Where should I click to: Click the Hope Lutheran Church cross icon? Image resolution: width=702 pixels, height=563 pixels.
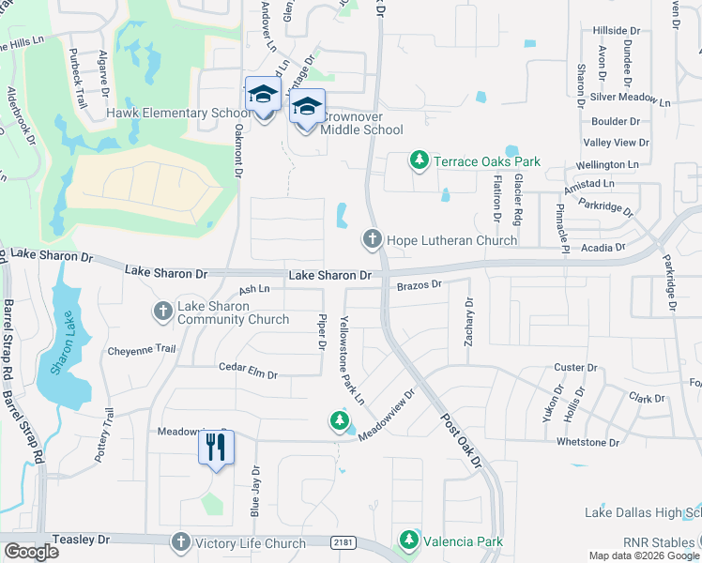point(372,240)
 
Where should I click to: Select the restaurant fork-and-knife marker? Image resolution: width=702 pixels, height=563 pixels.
point(215,450)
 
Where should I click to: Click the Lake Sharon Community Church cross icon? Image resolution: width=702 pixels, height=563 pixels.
point(162,311)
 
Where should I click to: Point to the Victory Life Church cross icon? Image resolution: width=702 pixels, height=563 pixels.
point(180,542)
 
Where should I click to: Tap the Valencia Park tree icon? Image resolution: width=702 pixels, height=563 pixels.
point(408,540)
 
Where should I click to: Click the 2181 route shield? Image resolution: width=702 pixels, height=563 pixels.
point(343,542)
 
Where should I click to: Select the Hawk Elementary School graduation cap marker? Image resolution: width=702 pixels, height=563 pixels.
point(263,96)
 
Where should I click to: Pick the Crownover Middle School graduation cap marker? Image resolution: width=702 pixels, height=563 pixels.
point(307,108)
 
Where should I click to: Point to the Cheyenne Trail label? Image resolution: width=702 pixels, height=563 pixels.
point(142,349)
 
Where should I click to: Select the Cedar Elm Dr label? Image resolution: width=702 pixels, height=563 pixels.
point(248,373)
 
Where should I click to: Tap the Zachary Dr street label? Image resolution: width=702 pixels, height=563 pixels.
point(468,321)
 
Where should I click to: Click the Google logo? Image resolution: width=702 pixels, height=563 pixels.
point(32,552)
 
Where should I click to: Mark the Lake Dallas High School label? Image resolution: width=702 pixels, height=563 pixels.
point(642,513)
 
